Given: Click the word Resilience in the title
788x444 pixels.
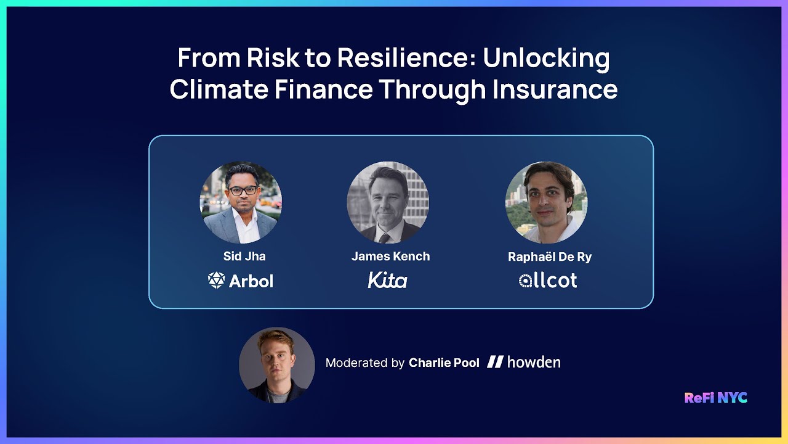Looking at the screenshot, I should coord(406,59).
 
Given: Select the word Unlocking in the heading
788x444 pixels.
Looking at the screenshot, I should coord(546,59).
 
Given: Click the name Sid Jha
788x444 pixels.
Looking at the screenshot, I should coord(244,256).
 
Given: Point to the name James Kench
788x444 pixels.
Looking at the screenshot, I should coord(390,256).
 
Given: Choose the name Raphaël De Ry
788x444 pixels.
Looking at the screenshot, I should coord(550,257).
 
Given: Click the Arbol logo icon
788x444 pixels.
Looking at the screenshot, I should coord(217,281).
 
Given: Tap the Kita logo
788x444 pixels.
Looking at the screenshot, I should coord(388,281).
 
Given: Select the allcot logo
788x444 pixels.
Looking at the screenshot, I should coord(548,281).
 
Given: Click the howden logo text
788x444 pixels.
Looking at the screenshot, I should coord(533,363).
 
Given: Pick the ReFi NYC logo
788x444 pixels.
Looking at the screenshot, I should coord(716,398).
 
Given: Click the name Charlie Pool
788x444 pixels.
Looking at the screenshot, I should coord(444,363).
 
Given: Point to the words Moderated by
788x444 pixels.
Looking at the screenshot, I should coord(365,363).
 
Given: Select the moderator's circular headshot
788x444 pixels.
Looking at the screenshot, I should coord(277,365).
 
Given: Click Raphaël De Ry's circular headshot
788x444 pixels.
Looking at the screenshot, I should coord(546,202).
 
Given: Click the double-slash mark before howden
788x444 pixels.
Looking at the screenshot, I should coord(495,363).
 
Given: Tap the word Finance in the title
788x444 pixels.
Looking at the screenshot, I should coord(323,89).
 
